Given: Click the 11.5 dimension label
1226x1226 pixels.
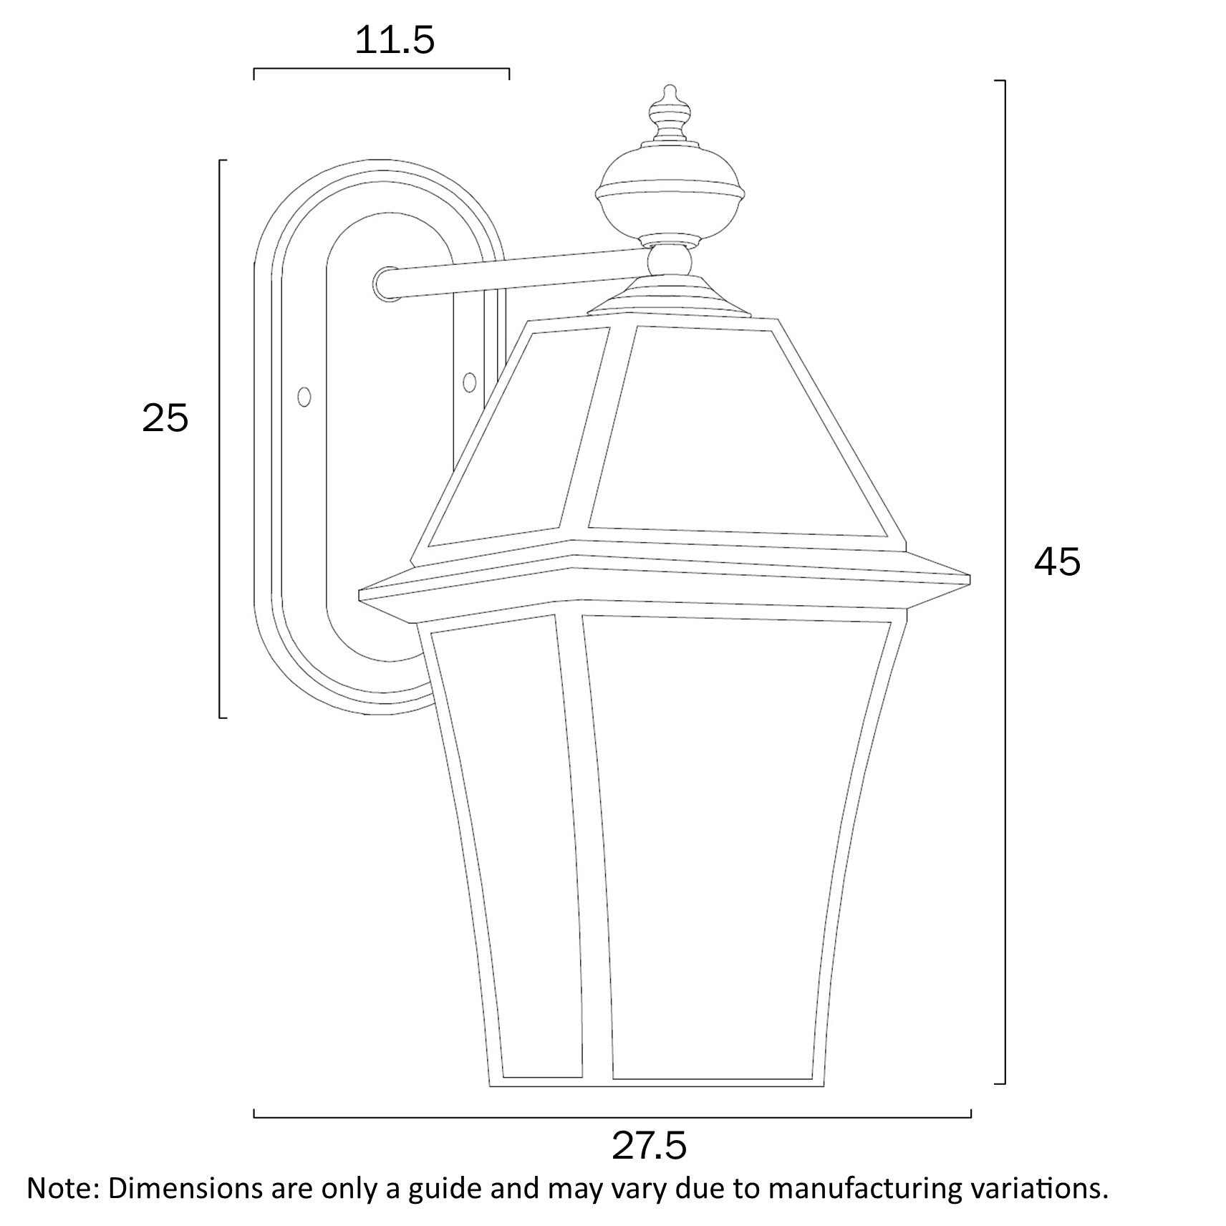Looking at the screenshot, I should (x=395, y=41).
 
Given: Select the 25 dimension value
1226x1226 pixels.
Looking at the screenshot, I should (x=165, y=418).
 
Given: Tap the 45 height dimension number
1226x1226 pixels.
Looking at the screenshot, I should (x=1057, y=562).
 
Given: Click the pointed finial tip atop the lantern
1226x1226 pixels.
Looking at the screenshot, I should (x=670, y=92).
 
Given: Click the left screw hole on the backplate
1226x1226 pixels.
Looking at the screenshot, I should (x=304, y=396).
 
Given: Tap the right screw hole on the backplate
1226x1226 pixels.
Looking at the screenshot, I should (x=470, y=382).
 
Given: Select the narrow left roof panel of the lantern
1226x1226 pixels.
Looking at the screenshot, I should (x=516, y=437).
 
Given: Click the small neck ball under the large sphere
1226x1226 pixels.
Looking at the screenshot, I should (x=670, y=260).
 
